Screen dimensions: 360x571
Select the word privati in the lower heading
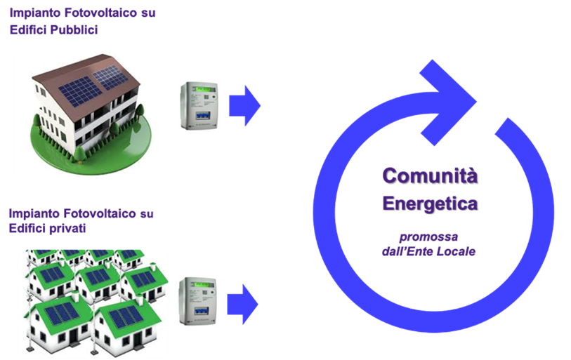[67, 228]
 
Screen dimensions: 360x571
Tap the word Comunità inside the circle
[430, 175]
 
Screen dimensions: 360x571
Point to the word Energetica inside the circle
[430, 204]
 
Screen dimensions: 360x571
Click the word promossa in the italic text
[429, 237]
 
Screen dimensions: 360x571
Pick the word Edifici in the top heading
[26, 30]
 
